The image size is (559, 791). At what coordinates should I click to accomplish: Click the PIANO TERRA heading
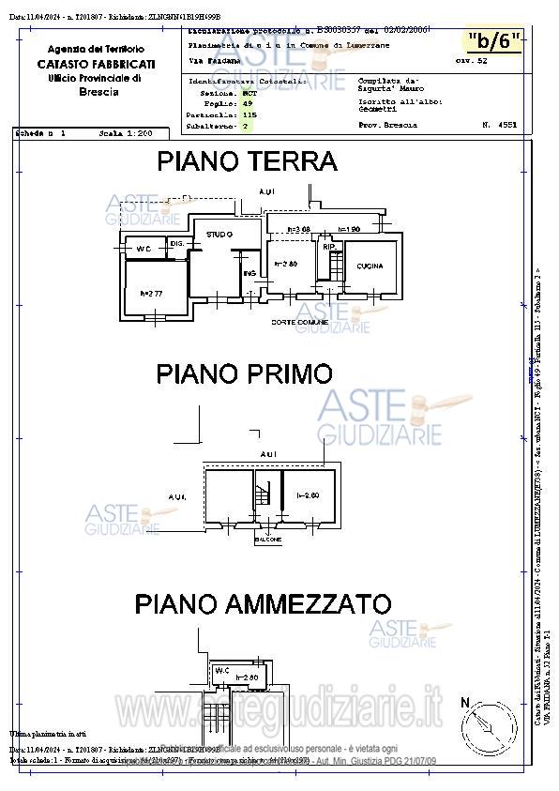pos(247,161)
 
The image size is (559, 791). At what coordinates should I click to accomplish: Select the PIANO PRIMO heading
pos(244,373)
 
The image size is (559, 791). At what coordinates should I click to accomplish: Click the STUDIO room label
pos(219,234)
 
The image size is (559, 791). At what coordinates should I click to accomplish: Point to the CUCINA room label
pos(370,266)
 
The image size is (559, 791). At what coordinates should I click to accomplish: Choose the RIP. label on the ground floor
pos(329,248)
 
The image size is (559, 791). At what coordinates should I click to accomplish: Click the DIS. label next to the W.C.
pos(176,244)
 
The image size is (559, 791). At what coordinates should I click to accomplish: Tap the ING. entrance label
pos(249,273)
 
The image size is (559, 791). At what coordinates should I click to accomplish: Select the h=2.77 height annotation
pos(151,294)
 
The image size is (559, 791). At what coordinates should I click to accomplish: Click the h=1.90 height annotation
pos(349,229)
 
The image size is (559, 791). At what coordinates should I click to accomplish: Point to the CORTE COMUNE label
pos(299,322)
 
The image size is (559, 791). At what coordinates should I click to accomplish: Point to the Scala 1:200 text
pos(126,134)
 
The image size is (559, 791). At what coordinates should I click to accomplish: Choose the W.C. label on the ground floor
pos(144,249)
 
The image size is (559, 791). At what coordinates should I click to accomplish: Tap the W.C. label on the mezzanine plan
pos(222,671)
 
